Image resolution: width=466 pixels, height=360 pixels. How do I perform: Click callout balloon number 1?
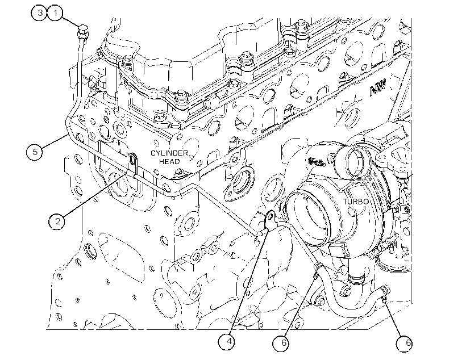tap(55, 13)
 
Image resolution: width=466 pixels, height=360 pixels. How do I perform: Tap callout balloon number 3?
tap(39, 13)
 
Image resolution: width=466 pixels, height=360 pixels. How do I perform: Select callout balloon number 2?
tap(57, 221)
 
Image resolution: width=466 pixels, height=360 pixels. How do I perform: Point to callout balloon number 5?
tap(35, 152)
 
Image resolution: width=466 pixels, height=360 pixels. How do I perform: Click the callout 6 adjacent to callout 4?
tap(281, 343)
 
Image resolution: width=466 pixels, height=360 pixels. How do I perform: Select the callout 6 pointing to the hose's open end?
tap(405, 343)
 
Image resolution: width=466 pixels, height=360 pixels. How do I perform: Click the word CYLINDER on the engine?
tap(169, 153)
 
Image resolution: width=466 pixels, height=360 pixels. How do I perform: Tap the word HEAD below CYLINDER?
tap(169, 162)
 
